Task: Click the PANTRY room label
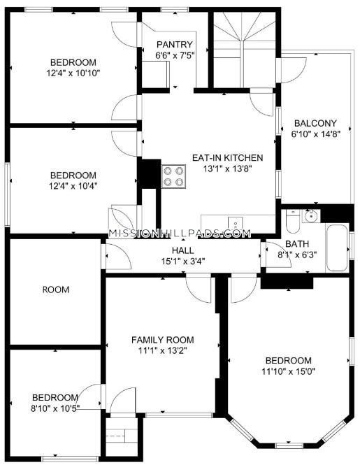click(x=175, y=45)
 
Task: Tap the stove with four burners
click(x=173, y=176)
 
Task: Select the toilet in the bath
click(x=293, y=222)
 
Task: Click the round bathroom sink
click(x=311, y=216)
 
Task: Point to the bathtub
click(x=336, y=248)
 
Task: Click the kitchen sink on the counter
click(x=235, y=223)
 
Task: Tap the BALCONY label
click(x=315, y=123)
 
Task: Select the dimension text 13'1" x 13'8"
click(x=227, y=169)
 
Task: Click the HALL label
click(x=183, y=250)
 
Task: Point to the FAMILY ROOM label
click(x=163, y=340)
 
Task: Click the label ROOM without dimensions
click(x=56, y=289)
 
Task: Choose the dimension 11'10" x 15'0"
click(x=288, y=371)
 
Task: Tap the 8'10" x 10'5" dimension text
click(x=55, y=408)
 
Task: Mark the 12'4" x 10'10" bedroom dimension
click(x=73, y=73)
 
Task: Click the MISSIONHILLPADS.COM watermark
click(x=180, y=234)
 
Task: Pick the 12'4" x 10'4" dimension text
click(x=73, y=186)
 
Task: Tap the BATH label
click(x=297, y=244)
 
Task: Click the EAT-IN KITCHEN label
click(x=227, y=157)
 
